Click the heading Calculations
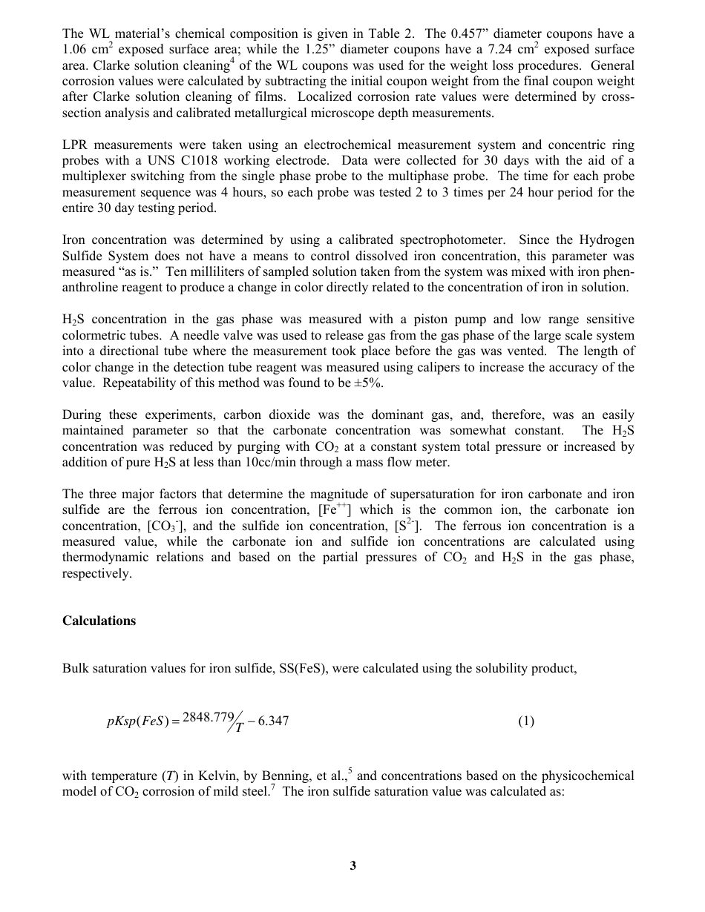[x=99, y=621]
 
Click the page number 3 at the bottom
[x=352, y=865]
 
